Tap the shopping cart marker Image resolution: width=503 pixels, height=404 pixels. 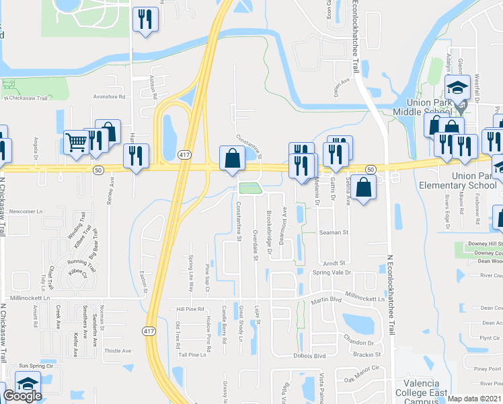coord(77,143)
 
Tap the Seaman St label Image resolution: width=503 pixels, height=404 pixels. coord(334,232)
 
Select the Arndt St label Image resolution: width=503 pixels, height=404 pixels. coord(334,263)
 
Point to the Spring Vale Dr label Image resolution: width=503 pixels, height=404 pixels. coord(333,273)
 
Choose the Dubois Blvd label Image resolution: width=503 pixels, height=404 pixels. coord(309,356)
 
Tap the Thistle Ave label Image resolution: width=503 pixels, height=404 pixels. coord(118,351)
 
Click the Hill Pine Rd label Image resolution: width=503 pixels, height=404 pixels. coord(190,309)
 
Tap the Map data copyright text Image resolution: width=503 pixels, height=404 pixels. coord(474,399)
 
